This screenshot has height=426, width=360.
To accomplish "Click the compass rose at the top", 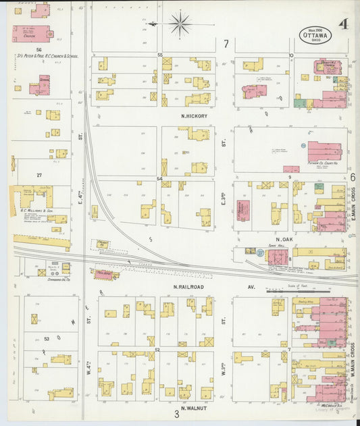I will click(180, 25).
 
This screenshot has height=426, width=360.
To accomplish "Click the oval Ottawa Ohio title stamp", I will click(316, 34).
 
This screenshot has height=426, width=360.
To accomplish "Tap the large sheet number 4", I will click(344, 25).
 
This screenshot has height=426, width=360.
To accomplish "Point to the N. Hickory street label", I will click(194, 116).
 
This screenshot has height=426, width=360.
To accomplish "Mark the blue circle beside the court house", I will click(303, 145).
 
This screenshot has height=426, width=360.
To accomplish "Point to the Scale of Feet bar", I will click(287, 292).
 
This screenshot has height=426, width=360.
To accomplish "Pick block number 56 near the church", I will click(39, 50).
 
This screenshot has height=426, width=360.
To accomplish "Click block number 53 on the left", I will click(47, 338).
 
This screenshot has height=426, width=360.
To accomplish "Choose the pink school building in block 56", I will click(44, 84).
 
